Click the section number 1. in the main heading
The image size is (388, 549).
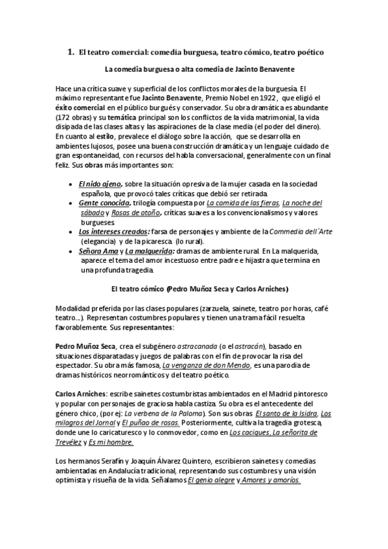(71, 50)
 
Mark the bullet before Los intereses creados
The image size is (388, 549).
(70, 232)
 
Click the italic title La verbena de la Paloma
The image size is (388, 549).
(163, 413)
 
